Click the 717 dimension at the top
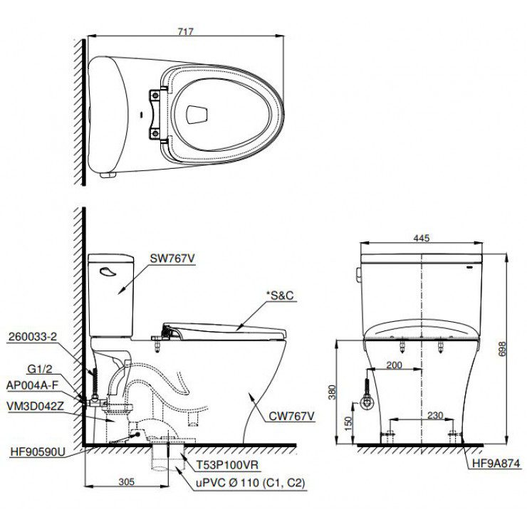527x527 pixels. [184, 31]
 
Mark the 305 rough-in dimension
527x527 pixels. [126, 481]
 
